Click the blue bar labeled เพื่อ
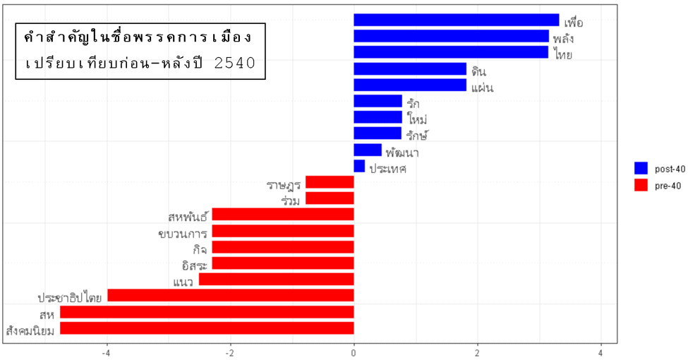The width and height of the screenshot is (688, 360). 456,20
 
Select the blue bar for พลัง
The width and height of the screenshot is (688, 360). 451,36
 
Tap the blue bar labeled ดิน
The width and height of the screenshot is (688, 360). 410,69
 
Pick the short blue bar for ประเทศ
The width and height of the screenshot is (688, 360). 359,167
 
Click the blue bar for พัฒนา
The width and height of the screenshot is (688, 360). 368,150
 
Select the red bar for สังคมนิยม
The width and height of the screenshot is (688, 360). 207,328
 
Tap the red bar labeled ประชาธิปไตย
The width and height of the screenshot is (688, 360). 230,296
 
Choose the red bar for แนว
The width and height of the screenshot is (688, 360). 276,280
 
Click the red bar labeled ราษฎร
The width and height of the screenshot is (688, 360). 330,182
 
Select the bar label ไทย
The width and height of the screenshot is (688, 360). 563,54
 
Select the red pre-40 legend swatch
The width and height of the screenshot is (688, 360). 641,185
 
